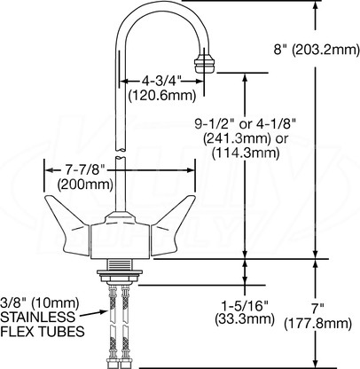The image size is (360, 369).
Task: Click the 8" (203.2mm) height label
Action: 317,50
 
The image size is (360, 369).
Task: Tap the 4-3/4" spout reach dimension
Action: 161,81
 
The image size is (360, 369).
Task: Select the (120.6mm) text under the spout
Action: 162,96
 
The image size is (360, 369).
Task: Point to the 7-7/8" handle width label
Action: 85,170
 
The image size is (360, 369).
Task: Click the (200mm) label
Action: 85,184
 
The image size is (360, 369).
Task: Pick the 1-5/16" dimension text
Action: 244,305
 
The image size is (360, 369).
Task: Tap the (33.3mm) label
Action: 245,318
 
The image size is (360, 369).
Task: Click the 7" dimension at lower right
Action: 317,309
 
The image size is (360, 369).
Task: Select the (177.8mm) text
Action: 317,324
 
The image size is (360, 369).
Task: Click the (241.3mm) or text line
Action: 245,138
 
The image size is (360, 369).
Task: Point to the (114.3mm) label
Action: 246,153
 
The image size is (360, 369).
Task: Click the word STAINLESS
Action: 38,317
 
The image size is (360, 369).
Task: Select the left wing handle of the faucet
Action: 67,224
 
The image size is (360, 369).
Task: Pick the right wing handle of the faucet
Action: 173,224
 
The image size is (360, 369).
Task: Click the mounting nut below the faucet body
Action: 120,276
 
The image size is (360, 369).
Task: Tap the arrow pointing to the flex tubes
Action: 93,313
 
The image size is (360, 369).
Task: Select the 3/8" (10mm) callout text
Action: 40,302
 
